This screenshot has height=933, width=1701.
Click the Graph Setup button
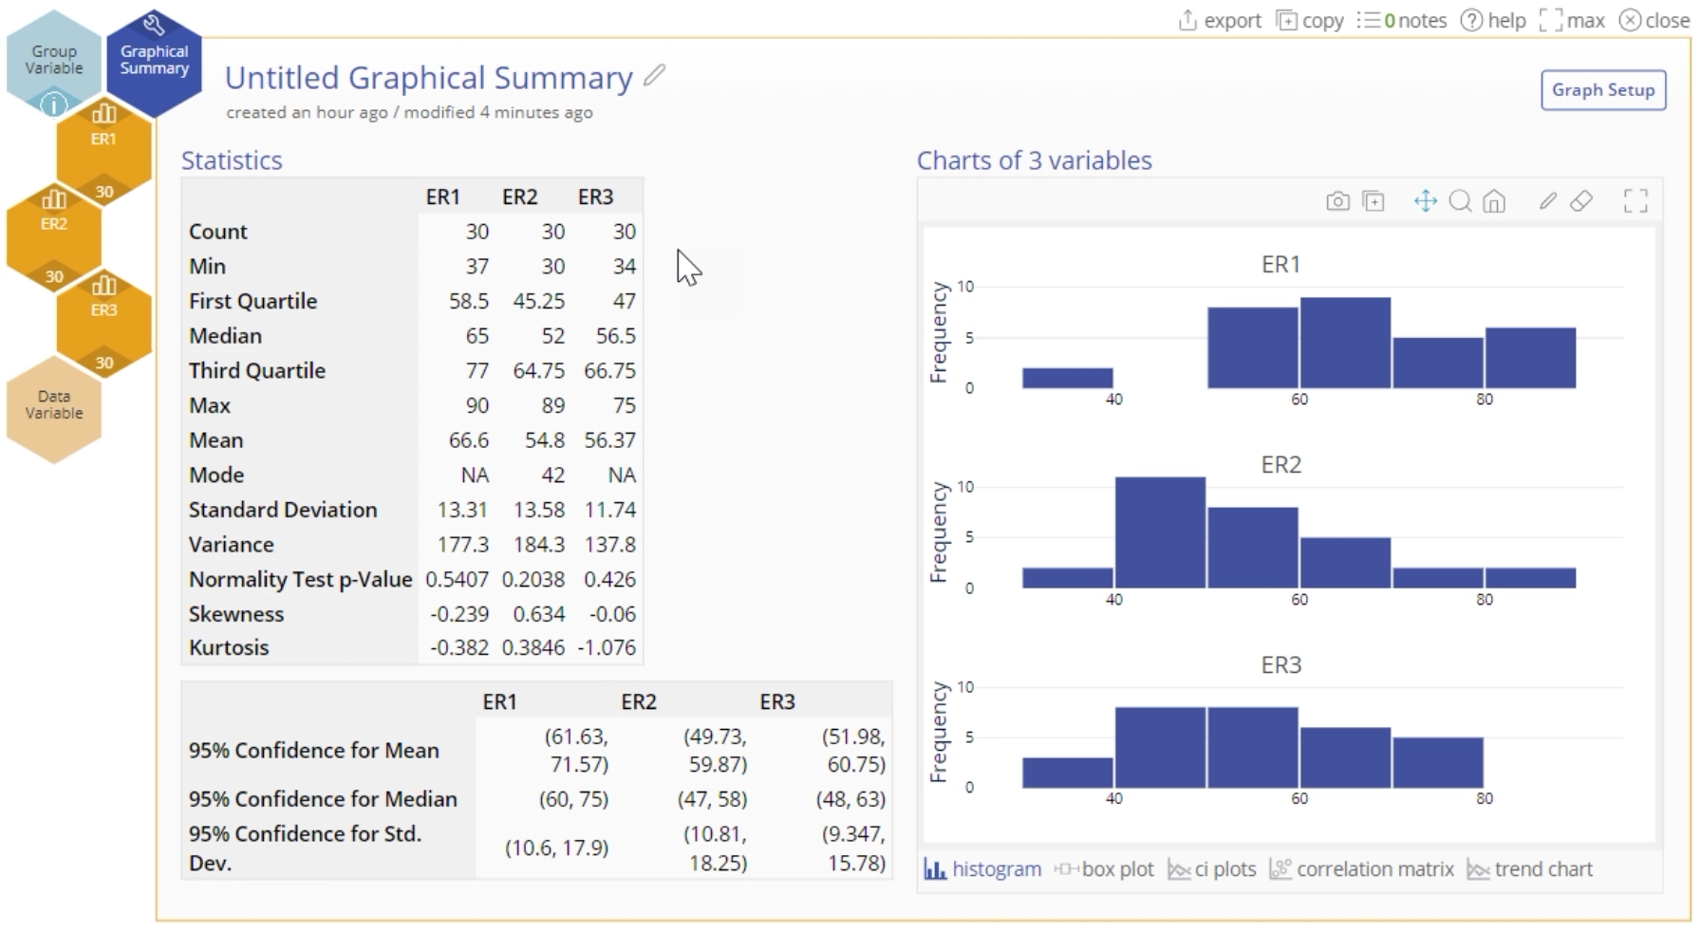tap(1602, 90)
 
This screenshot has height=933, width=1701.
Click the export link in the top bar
tap(1221, 20)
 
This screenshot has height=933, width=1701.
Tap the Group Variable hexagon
tap(53, 60)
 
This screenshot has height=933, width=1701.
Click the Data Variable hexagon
tap(53, 405)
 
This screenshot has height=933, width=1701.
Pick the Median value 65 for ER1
tap(477, 336)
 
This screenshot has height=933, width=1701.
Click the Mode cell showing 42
tap(552, 475)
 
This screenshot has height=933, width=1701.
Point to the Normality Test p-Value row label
tap(300, 579)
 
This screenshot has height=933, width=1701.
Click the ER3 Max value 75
tap(624, 405)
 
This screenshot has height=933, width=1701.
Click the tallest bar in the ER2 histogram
tap(1160, 532)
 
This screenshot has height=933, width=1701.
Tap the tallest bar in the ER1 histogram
tap(1345, 343)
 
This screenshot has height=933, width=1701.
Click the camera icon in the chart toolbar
tap(1337, 201)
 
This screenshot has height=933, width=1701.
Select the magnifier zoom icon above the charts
tap(1460, 201)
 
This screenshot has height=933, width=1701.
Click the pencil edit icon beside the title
tap(654, 76)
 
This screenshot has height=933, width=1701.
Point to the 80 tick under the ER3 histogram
tap(1484, 799)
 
